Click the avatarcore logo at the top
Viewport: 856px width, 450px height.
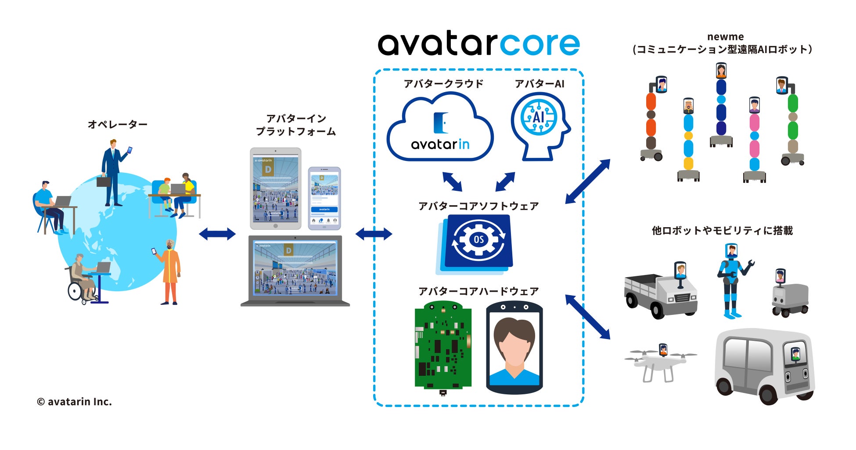click(x=478, y=44)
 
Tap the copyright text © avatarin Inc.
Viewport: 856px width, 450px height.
click(x=74, y=401)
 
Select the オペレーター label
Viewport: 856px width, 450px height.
click(x=117, y=125)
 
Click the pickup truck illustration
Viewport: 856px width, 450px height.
click(x=660, y=293)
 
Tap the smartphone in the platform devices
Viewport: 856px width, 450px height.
click(x=324, y=198)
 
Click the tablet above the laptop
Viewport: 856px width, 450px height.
click(x=275, y=189)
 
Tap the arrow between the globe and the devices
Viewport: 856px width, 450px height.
click(x=217, y=234)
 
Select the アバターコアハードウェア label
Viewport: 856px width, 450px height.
click(x=478, y=292)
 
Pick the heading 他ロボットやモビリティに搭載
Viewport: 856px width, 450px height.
click(x=722, y=231)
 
